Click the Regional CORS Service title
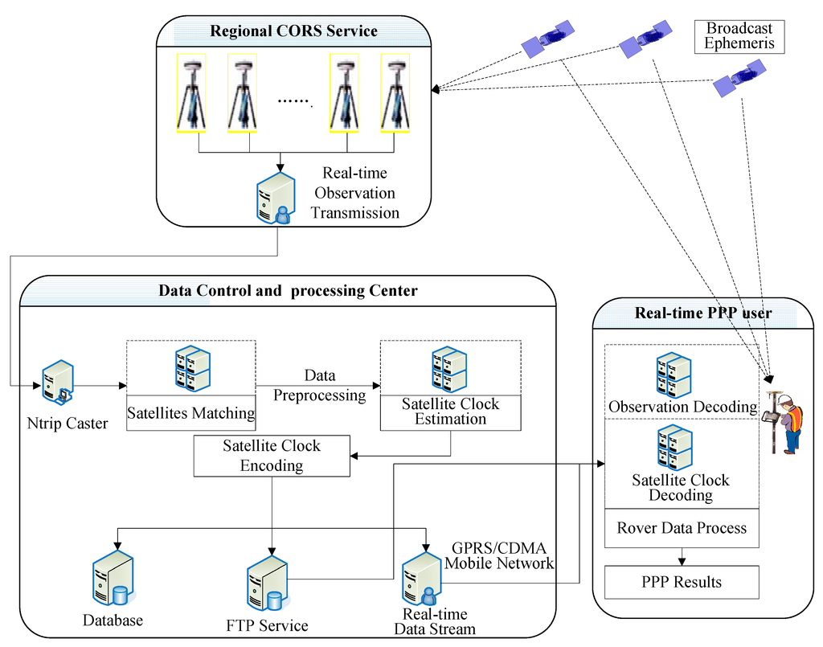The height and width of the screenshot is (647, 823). click(293, 32)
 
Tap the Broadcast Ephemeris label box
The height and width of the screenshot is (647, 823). click(739, 36)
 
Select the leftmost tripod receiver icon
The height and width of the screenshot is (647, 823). click(191, 93)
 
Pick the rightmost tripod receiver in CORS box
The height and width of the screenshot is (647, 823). click(395, 93)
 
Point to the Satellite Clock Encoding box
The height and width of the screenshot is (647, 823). click(272, 456)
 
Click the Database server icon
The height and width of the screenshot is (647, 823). click(112, 579)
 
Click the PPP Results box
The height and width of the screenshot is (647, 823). click(681, 582)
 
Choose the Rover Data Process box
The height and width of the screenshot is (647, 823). click(681, 528)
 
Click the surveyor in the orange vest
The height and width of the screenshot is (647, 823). click(787, 423)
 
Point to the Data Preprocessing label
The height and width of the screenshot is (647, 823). click(320, 386)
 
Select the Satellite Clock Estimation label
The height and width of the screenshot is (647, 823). click(450, 411)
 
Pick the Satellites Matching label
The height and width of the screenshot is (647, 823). click(190, 414)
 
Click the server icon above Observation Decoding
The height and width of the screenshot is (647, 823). click(674, 372)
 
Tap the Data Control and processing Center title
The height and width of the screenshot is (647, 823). click(287, 291)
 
